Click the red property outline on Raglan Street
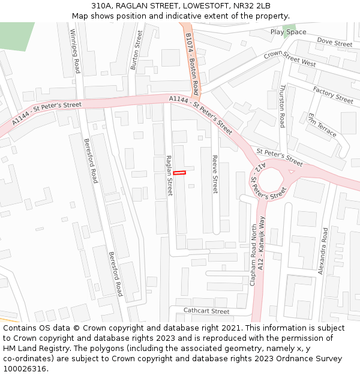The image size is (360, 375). coord(179,173)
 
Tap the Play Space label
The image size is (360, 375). coord(288,32)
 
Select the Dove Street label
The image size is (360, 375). coord(334,43)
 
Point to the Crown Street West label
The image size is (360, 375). coord(290,59)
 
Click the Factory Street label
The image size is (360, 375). coord(333,94)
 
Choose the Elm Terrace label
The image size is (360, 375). coord(322,125)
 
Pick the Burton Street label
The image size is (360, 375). coord(136,51)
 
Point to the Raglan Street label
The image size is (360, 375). coord(169,176)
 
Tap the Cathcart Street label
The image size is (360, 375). coord(206,311)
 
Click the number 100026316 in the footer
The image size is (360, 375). coord(25,368)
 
